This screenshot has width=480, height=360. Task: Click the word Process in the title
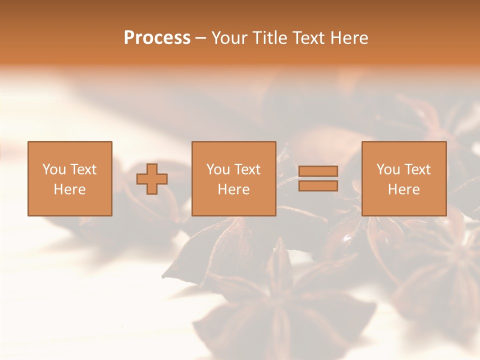point(157,38)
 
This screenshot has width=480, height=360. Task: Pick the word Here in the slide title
point(349,38)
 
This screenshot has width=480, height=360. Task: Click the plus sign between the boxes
point(152,178)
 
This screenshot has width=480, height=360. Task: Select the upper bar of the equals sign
point(318,171)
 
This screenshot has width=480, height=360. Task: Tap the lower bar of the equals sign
point(318,186)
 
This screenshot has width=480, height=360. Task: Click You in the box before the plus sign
point(54,169)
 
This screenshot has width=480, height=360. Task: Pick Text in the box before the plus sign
point(82,169)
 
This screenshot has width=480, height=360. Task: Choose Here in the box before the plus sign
point(69,189)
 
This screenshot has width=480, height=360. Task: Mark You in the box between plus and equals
point(218,169)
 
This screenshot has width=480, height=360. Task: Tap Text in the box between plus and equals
point(246,169)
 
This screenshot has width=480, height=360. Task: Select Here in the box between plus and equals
point(233,189)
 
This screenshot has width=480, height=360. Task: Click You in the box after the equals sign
point(388,169)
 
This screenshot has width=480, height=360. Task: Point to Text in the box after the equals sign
point(416,169)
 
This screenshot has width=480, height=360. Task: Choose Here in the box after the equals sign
point(403,189)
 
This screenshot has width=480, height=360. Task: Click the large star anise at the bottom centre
point(280,310)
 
